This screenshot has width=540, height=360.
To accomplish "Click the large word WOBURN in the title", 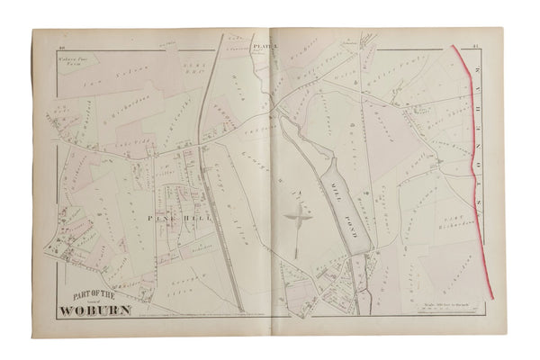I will pos(96,311).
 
